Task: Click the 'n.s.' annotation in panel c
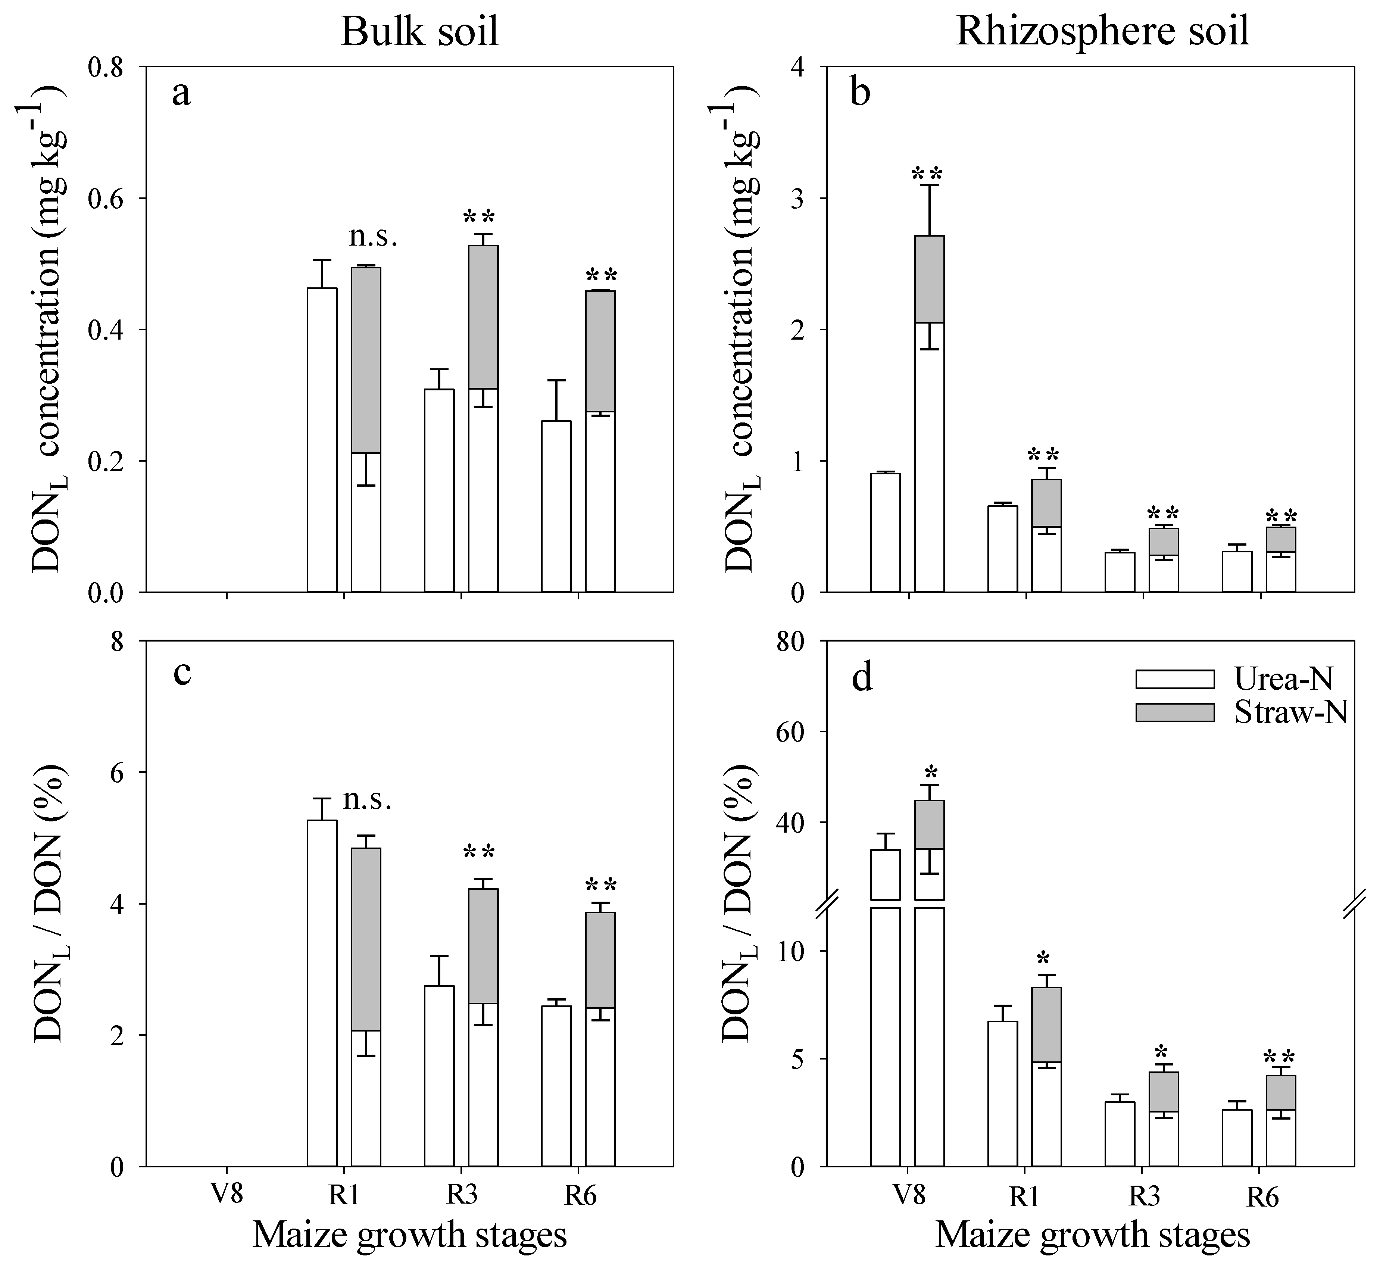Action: pyautogui.click(x=367, y=799)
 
